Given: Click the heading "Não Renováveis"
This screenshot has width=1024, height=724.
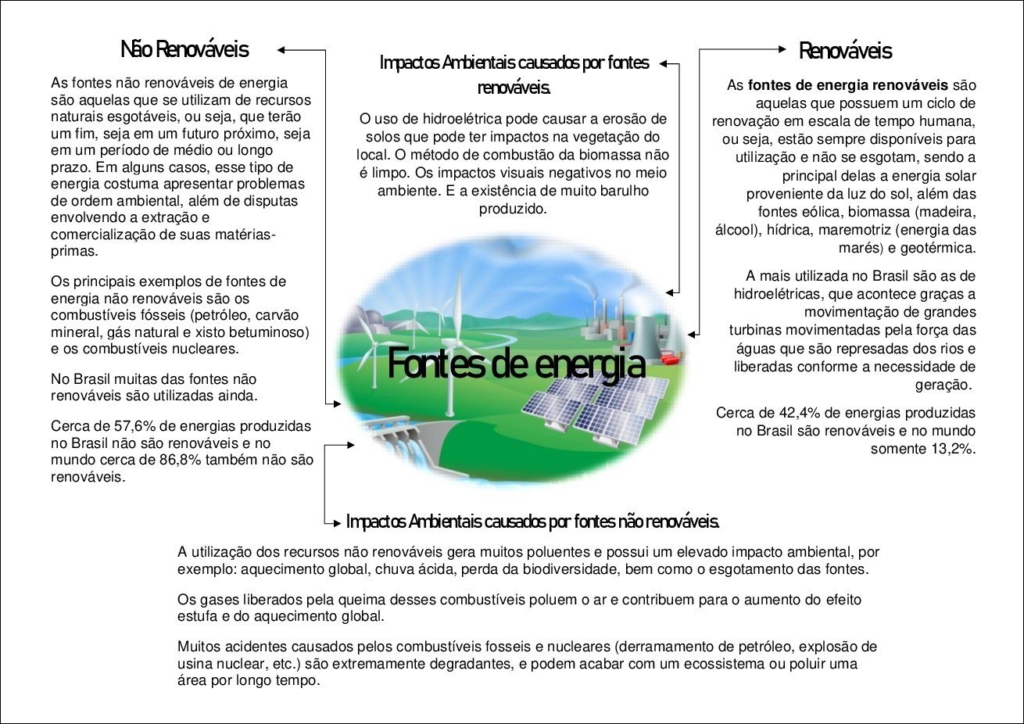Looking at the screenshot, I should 184,49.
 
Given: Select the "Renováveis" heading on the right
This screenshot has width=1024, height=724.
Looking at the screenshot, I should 845,51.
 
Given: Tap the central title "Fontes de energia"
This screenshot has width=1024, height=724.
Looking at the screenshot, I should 517,364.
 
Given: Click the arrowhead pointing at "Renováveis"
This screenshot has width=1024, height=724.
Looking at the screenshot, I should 782,49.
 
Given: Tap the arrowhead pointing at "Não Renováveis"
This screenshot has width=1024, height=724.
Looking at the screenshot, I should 281,50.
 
